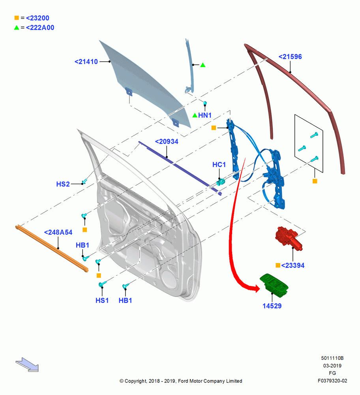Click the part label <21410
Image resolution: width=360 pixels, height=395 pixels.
86,62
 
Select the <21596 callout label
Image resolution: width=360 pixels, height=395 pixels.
290,56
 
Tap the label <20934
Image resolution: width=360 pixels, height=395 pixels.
167,141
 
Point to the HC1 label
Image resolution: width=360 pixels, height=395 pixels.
219,165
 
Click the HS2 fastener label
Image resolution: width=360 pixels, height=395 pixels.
63,184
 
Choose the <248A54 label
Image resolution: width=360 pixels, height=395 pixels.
58,232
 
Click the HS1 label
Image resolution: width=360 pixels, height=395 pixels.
102,300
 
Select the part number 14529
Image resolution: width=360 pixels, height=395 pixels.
272,306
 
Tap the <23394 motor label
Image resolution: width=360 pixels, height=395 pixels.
292,265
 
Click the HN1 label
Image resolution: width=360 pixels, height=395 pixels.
205,115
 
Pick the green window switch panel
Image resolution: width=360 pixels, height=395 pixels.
274,284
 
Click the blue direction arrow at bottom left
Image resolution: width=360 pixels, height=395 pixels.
27,365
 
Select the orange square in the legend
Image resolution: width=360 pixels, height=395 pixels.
17,18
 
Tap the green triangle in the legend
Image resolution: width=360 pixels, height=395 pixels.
17,28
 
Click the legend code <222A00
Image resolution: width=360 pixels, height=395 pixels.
40,28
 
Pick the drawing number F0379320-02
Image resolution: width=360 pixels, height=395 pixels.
332,381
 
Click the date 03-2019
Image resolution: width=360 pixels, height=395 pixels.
332,366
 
